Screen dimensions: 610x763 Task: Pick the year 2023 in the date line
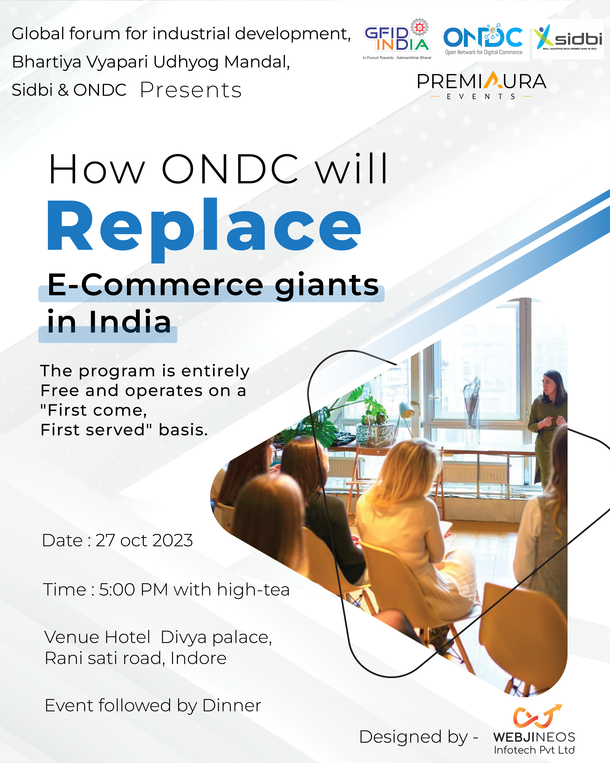173,540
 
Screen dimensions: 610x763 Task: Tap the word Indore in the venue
198,658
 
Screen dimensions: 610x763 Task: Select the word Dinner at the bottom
232,705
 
